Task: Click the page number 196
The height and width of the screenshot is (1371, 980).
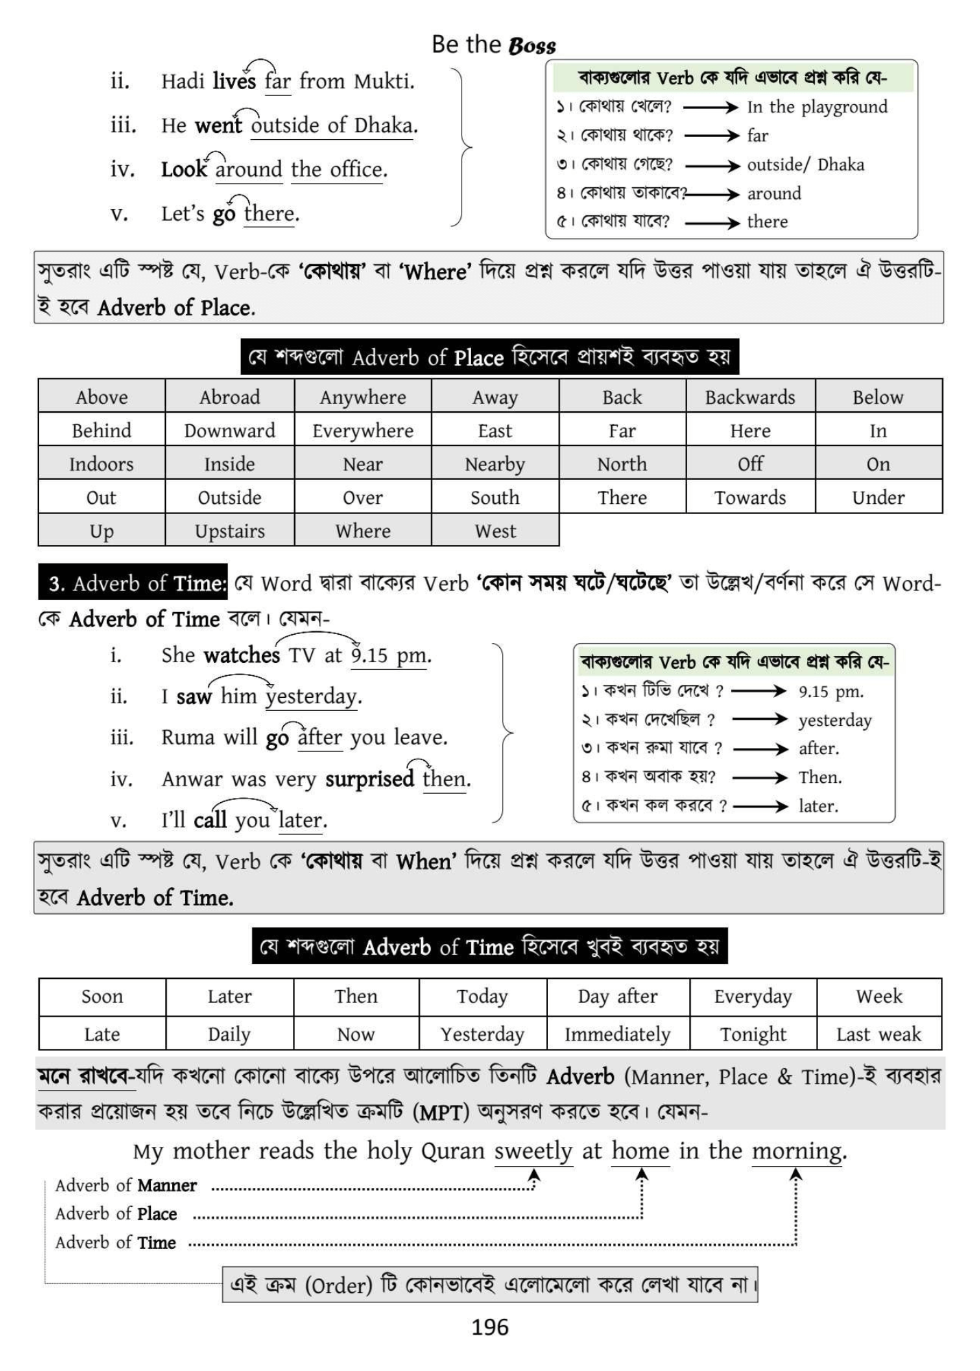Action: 490,1327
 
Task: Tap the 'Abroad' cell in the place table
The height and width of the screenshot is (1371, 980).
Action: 230,397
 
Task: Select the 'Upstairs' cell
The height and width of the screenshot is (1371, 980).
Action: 230,531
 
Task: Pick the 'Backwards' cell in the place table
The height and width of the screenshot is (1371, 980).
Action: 750,397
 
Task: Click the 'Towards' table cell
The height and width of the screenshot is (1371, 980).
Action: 750,497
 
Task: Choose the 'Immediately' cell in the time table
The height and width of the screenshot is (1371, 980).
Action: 617,1034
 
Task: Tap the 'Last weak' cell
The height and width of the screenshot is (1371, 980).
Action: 879,1034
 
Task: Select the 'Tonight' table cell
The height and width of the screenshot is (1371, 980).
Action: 753,1034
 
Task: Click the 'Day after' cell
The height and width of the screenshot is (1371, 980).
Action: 617,996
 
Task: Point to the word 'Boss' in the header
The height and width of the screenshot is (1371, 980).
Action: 532,46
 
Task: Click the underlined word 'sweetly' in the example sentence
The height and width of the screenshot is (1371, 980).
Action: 534,1150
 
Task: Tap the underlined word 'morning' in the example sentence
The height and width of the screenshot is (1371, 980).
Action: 797,1150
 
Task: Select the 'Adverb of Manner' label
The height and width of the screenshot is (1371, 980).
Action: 126,1185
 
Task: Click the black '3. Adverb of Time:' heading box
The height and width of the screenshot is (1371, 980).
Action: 133,583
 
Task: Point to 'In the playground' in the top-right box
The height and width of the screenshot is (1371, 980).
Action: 817,107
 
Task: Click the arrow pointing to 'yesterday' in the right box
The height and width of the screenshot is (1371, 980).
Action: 760,719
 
